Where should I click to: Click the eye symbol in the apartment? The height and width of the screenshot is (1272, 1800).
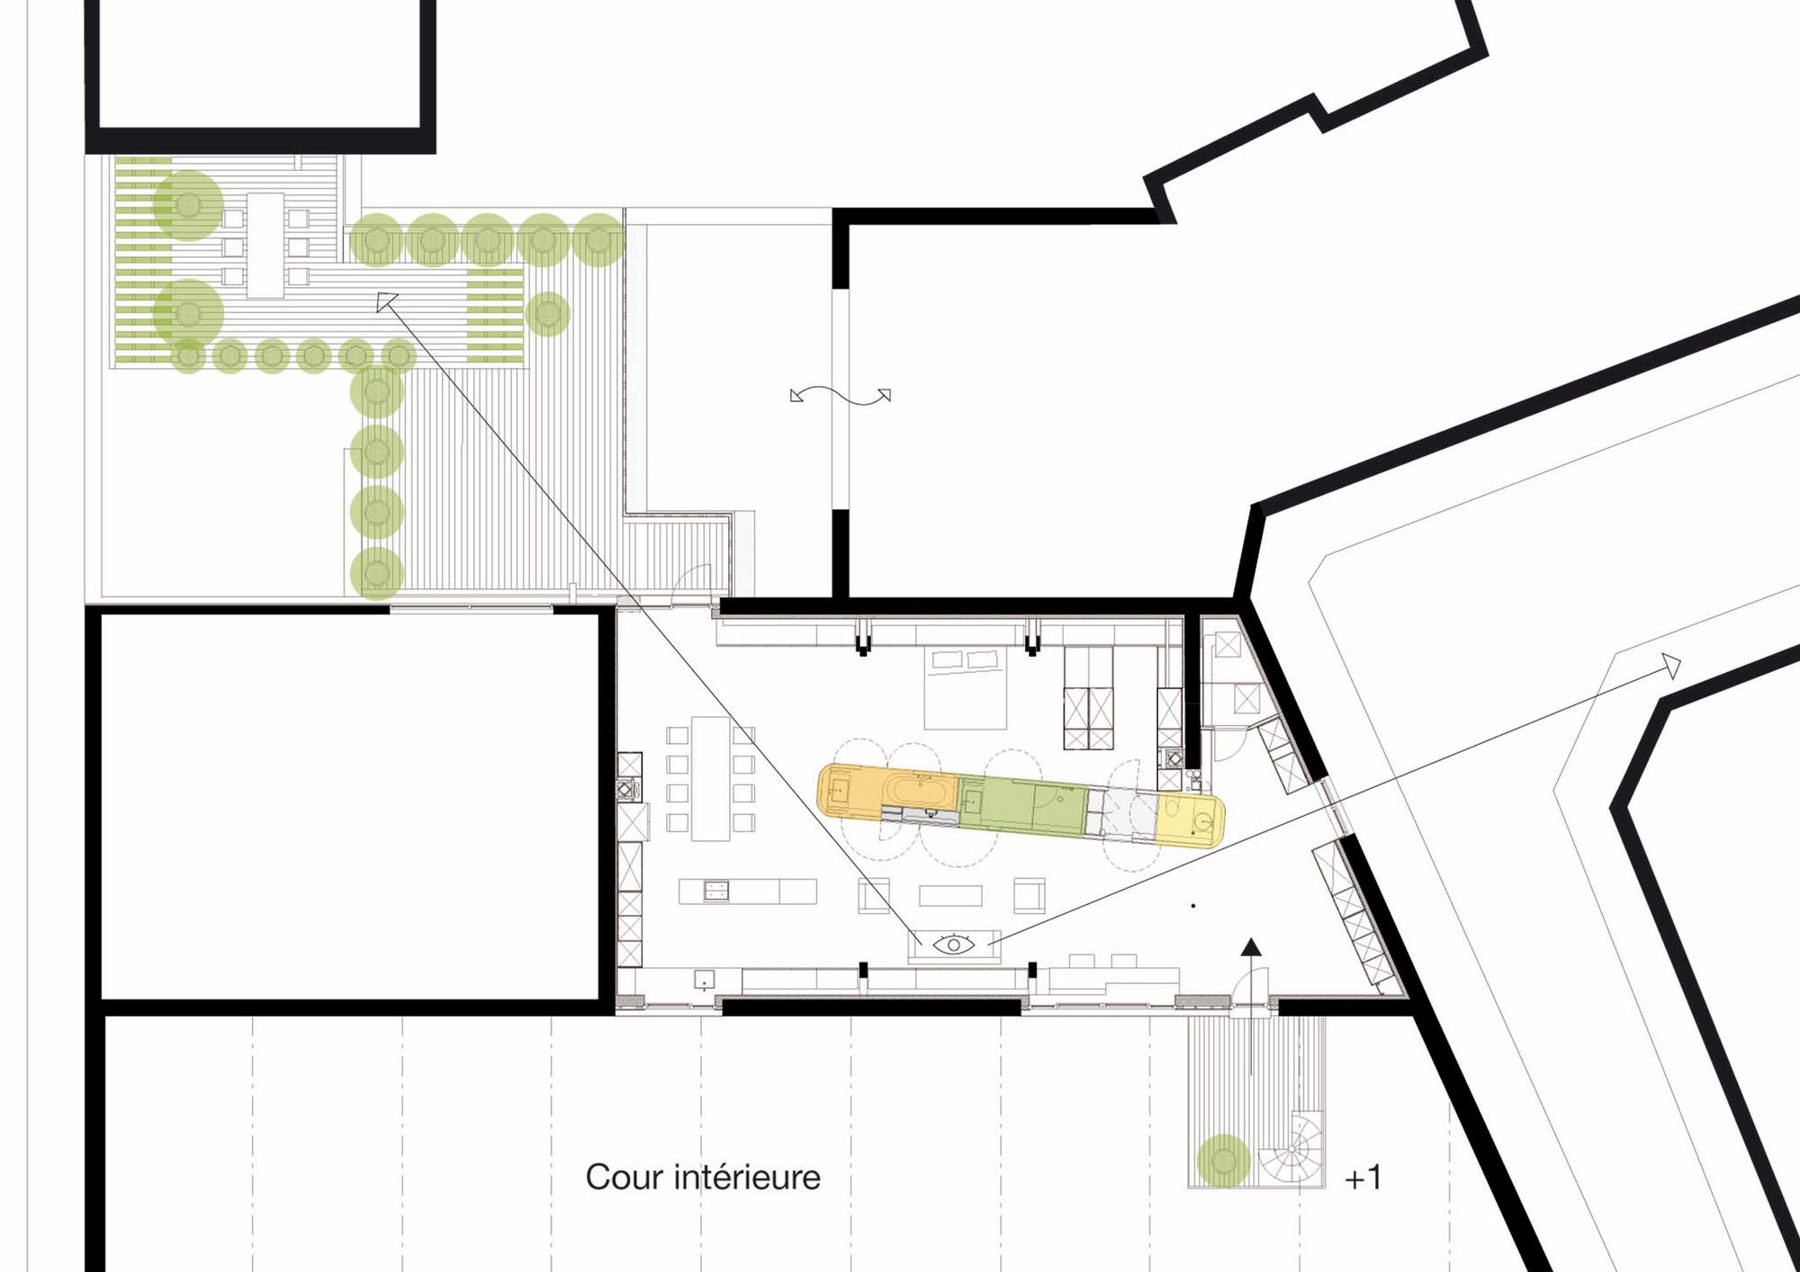click(953, 945)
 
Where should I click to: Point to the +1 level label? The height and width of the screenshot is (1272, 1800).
click(1363, 1178)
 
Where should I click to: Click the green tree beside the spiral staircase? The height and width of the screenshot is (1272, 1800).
click(1224, 1161)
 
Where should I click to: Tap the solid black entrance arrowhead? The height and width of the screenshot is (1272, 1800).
click(1251, 946)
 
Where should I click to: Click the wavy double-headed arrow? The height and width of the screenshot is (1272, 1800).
click(841, 396)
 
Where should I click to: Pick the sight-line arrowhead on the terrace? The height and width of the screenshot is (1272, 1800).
click(387, 302)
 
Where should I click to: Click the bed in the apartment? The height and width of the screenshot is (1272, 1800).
click(966, 688)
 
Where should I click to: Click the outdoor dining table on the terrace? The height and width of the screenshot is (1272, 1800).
click(265, 245)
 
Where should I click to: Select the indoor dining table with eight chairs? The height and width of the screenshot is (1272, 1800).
click(710, 778)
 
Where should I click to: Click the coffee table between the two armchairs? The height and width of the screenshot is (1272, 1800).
click(950, 895)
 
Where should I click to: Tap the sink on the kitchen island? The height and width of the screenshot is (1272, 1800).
click(715, 891)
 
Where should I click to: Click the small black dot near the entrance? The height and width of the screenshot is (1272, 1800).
click(1193, 906)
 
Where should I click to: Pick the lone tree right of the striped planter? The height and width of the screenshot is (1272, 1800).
click(547, 314)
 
